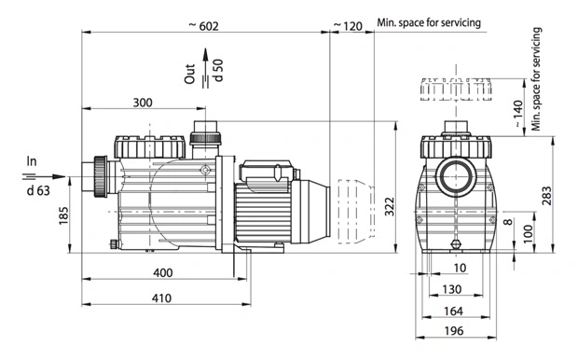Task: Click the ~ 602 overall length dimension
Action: click(204, 26)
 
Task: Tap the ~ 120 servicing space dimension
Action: click(348, 26)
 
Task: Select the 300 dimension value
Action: click(143, 103)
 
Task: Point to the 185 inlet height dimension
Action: click(63, 215)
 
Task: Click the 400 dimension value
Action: click(163, 272)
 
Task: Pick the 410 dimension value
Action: click(161, 298)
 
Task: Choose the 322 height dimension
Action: click(390, 207)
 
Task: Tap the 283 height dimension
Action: click(547, 196)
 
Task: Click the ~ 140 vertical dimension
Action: click(518, 114)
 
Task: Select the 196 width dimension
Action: click(454, 331)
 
